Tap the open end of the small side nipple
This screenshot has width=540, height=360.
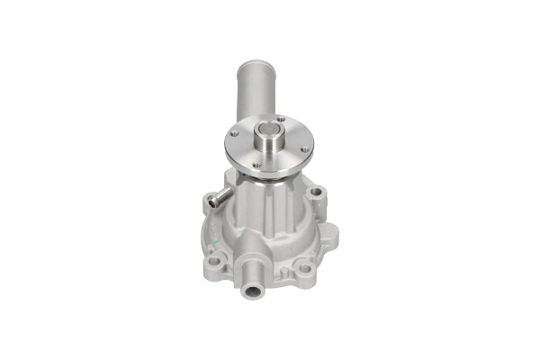tap(212, 202)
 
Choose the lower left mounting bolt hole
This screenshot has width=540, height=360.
tap(216, 259)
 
